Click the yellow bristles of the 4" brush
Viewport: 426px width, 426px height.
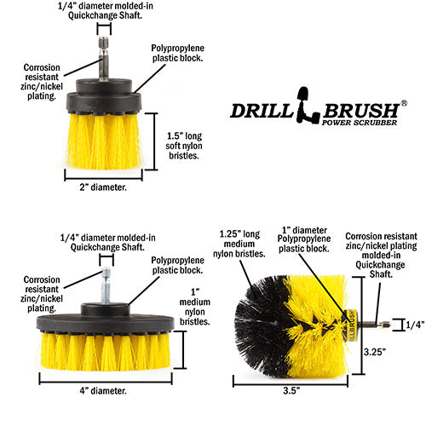102,349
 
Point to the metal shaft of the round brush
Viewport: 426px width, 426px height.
371,324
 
